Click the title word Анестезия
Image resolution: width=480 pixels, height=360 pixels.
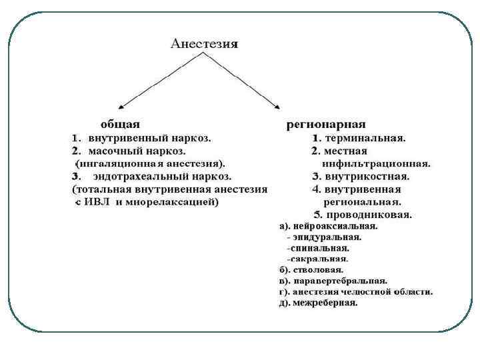coord(205,44)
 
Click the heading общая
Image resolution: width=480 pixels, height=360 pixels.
coord(120,124)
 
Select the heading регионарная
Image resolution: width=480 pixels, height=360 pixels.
coord(326,124)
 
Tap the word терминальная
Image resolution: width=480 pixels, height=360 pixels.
coord(365,138)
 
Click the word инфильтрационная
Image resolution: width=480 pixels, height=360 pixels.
coord(375,163)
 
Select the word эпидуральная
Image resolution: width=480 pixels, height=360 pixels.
coord(327,237)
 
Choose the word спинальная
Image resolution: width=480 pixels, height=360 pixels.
coord(320,247)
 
